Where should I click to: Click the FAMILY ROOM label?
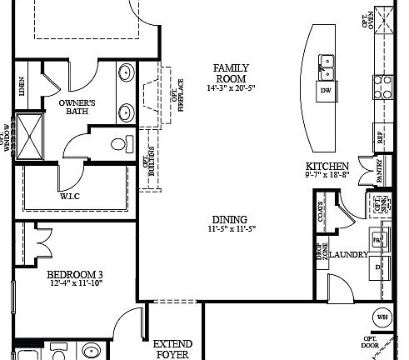(230, 72)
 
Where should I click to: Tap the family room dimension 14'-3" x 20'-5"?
(230, 86)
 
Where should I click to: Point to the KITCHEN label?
(327, 166)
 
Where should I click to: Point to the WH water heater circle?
(382, 317)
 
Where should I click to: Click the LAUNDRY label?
(348, 254)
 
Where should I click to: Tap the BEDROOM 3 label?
(74, 275)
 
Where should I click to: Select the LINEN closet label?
(22, 87)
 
